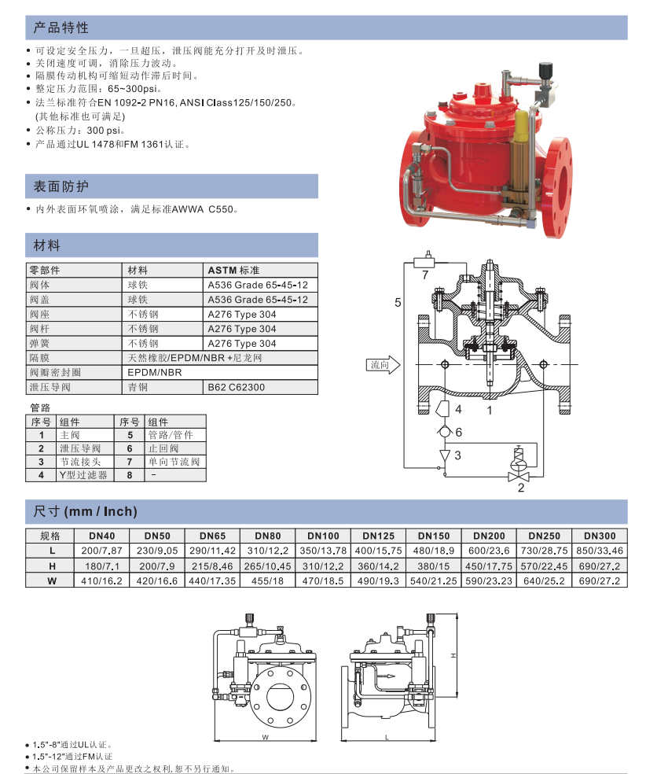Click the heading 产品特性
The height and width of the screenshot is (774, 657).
point(61,28)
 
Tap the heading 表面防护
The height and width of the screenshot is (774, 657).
point(61,186)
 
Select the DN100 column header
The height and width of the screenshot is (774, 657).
point(323,536)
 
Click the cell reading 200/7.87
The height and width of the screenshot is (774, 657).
point(101,551)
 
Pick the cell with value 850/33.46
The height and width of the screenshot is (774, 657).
point(600,551)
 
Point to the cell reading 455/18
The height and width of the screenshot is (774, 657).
point(267,581)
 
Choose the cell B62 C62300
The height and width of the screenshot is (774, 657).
point(237,388)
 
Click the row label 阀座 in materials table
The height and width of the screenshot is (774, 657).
point(39,315)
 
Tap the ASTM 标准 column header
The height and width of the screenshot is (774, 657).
point(233,271)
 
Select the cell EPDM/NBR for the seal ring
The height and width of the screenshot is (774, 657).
point(154,373)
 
